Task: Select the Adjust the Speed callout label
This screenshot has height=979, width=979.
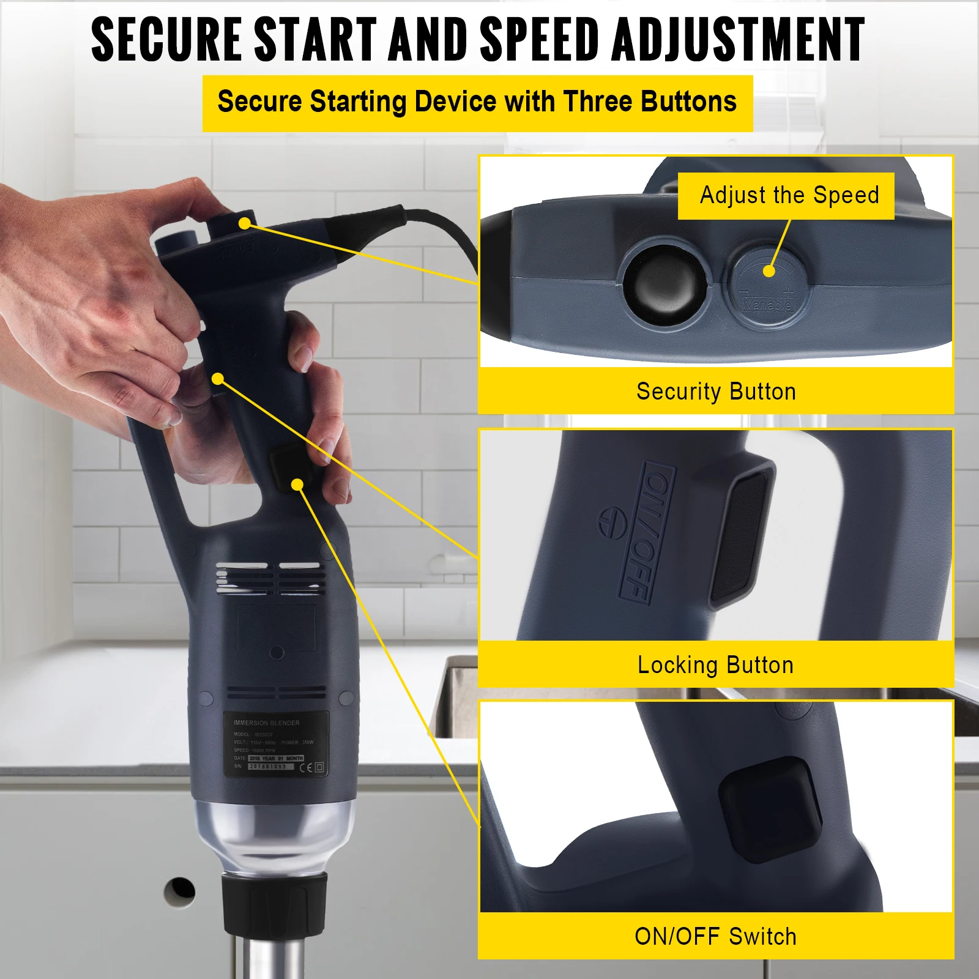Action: point(788,196)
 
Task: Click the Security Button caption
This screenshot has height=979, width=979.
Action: point(716,392)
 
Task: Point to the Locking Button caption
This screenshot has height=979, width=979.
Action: point(715,665)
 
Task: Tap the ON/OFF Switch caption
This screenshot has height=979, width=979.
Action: point(715,937)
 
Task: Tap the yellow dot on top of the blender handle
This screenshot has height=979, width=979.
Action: point(245,223)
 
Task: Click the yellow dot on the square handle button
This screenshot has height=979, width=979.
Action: point(297,485)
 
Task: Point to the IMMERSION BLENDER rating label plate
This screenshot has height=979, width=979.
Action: point(275,744)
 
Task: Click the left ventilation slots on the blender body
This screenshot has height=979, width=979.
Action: point(242,578)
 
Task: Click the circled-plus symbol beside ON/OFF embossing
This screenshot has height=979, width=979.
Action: point(611,524)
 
